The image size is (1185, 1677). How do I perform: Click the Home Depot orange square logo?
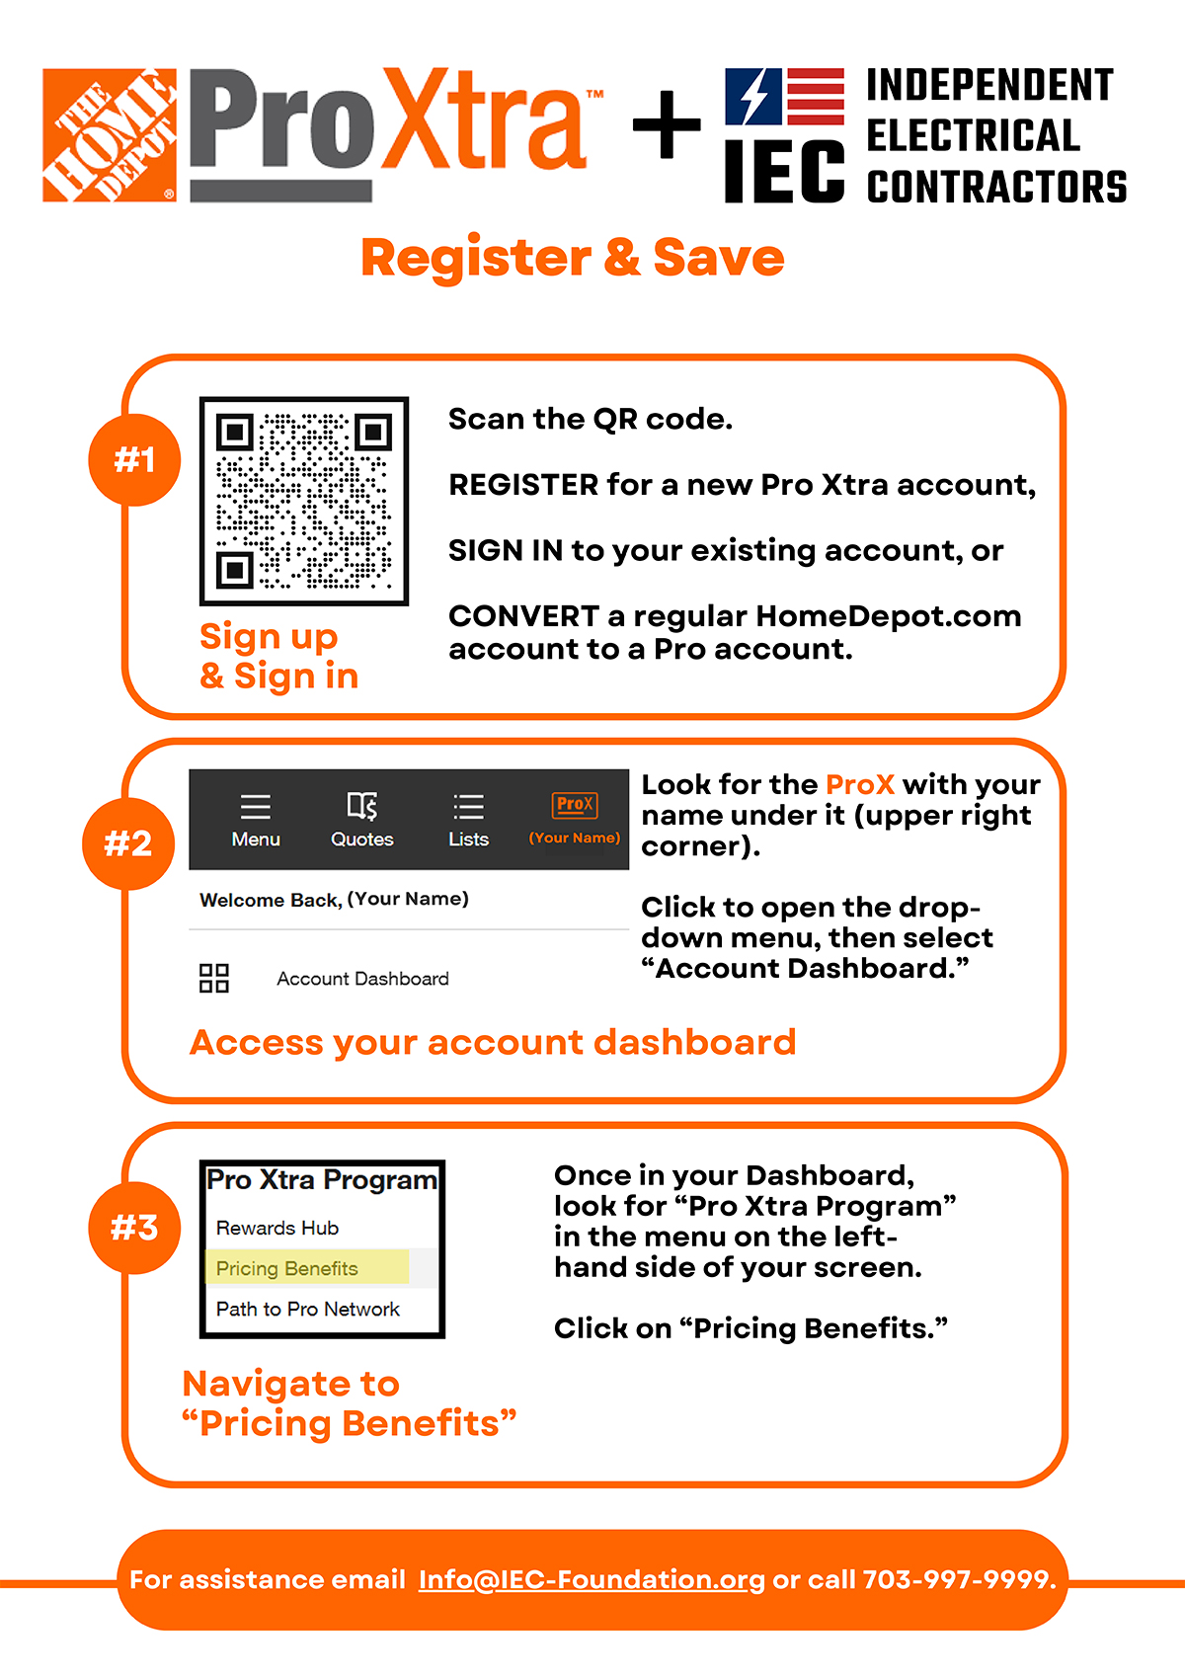click(x=110, y=135)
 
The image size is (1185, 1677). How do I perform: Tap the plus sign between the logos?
click(x=667, y=125)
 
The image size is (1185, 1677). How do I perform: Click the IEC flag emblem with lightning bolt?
click(x=784, y=97)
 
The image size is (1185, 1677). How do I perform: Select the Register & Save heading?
click(x=572, y=258)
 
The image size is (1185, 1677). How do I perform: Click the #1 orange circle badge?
click(x=134, y=460)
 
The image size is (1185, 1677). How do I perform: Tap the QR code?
click(x=304, y=502)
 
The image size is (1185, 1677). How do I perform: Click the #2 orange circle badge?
click(x=128, y=843)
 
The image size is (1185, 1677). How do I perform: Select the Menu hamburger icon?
click(x=256, y=807)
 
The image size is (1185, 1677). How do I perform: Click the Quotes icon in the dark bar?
click(x=362, y=807)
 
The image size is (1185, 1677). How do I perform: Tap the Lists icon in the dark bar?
click(x=468, y=807)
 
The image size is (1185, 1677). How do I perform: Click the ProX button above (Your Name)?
click(x=575, y=805)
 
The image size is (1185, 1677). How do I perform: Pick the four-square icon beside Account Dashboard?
click(x=214, y=979)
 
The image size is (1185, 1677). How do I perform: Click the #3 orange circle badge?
click(x=134, y=1228)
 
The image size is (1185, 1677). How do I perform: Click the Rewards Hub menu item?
click(x=277, y=1228)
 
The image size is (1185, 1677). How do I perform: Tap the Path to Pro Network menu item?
click(x=308, y=1309)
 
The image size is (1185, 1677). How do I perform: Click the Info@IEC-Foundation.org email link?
click(x=592, y=1579)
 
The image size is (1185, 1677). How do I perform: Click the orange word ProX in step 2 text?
click(x=860, y=784)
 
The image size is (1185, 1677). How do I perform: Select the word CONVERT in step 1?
click(x=523, y=616)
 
